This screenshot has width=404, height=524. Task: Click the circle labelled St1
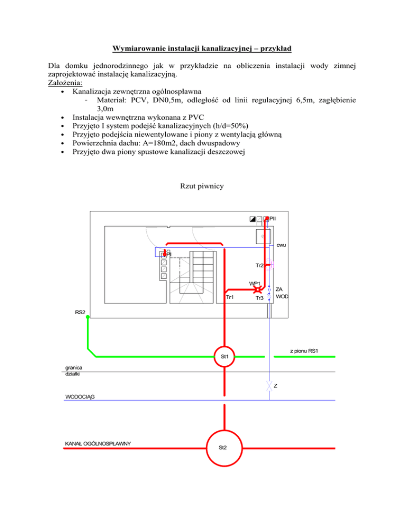225,357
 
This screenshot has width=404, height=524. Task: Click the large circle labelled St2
224,448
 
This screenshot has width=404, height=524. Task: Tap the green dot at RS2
88,317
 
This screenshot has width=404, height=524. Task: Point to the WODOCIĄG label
81,396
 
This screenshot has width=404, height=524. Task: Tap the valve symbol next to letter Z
269,385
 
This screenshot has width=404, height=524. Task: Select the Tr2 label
259,265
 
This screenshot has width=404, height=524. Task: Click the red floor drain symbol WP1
257,290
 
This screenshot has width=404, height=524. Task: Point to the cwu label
281,245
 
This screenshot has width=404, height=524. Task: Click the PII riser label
273,217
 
